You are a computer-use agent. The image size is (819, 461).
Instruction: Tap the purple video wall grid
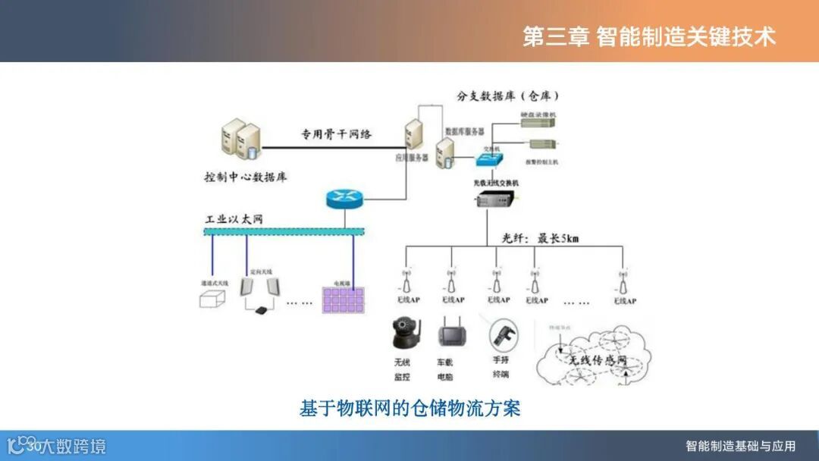[345, 296]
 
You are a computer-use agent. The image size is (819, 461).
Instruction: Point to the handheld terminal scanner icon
[500, 334]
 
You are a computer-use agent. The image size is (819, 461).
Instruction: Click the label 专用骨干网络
[337, 134]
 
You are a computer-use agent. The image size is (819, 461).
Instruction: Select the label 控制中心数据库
[245, 177]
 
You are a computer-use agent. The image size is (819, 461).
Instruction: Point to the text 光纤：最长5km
[540, 238]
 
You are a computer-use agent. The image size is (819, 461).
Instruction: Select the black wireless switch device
[494, 200]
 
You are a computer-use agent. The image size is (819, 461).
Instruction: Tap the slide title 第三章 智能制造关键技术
[649, 36]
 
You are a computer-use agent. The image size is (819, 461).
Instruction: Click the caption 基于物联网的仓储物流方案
[409, 408]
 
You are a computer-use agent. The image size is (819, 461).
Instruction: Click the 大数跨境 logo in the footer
[57, 446]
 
